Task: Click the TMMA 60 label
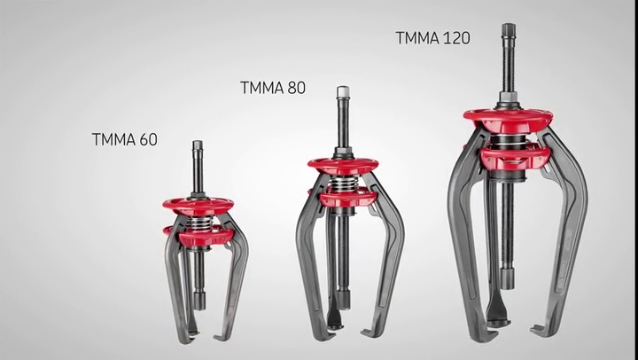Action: (x=124, y=139)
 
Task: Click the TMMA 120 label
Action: (x=432, y=38)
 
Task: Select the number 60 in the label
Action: (x=147, y=139)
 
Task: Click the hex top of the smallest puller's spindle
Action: (x=198, y=145)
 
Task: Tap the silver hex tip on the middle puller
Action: (x=343, y=91)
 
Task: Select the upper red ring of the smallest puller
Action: (x=198, y=203)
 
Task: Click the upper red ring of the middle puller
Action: (x=343, y=165)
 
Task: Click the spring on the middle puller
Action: (x=343, y=184)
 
